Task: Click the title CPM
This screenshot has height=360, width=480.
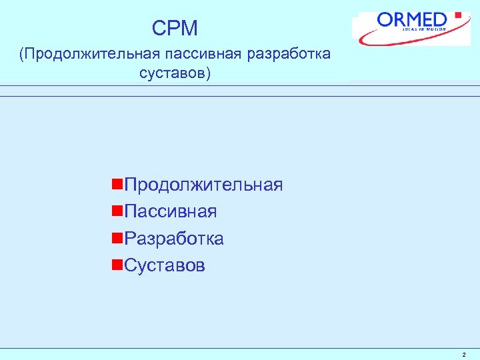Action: [x=175, y=28]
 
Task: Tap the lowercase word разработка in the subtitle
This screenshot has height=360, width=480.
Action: [x=288, y=53]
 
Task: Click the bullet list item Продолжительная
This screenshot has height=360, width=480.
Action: [x=203, y=185]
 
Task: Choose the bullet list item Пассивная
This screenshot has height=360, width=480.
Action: [x=171, y=212]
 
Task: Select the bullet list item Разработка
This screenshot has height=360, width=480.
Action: [x=174, y=239]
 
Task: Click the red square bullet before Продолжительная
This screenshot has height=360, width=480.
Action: [x=117, y=184]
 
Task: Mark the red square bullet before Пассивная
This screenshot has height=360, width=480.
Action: [x=117, y=211]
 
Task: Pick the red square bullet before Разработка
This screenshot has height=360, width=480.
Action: [x=117, y=238]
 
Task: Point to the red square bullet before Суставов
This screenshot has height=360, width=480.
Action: [x=117, y=265]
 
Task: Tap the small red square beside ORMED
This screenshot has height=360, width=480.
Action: [x=457, y=15]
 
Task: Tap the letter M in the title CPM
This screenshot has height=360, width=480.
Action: [x=189, y=28]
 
